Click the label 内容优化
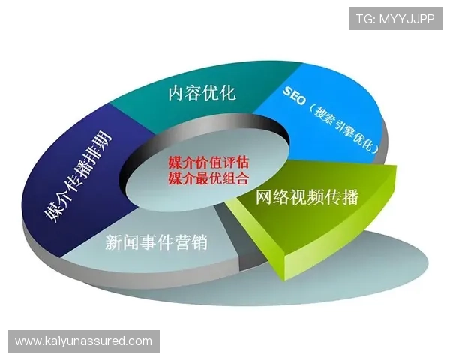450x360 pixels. [202, 94]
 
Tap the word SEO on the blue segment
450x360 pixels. [295, 94]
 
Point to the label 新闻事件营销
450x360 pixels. [156, 242]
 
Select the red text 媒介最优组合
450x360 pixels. [208, 178]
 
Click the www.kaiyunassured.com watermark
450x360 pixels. [83, 341]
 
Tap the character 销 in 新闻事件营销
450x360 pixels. [198, 242]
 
